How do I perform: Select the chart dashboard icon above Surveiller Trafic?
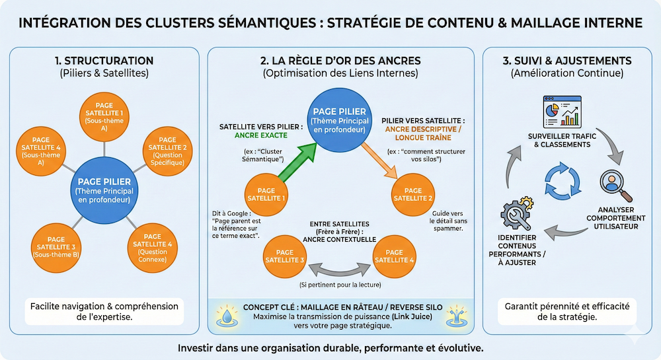(562, 110)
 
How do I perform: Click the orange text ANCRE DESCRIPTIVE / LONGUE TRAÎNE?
(422, 134)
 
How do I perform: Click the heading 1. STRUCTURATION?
(104, 61)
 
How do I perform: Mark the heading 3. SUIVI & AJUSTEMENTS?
(566, 61)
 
